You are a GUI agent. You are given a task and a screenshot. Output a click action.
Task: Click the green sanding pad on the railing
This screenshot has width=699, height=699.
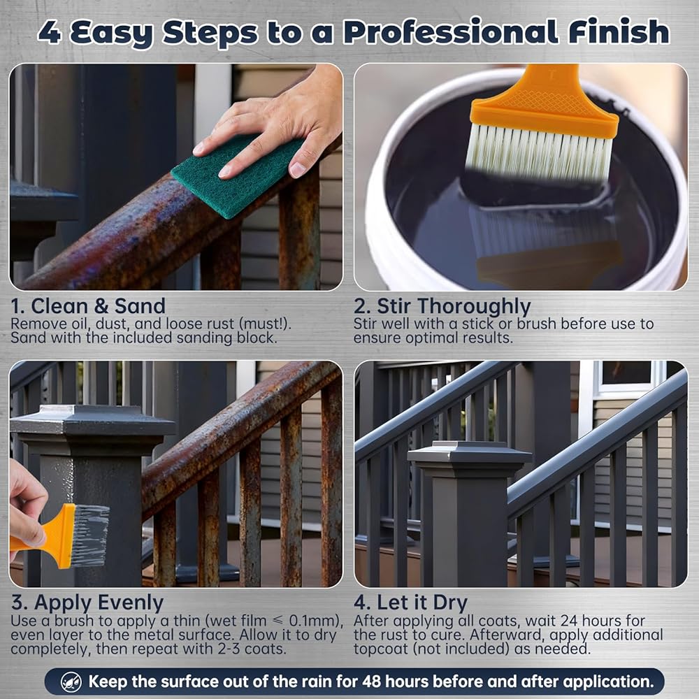(x=238, y=177)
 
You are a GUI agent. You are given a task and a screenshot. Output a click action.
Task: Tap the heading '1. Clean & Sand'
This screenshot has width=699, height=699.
(x=88, y=306)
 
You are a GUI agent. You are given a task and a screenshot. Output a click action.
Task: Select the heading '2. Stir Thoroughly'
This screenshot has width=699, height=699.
(x=442, y=307)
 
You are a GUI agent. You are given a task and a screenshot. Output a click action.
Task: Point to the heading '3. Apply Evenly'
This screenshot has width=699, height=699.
(x=87, y=603)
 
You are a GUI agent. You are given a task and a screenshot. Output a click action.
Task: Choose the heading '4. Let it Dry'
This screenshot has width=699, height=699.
(x=410, y=603)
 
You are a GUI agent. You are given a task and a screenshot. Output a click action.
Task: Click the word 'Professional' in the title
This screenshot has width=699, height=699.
(x=450, y=32)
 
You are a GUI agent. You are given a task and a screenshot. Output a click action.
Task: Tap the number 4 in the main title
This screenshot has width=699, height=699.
(x=49, y=32)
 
